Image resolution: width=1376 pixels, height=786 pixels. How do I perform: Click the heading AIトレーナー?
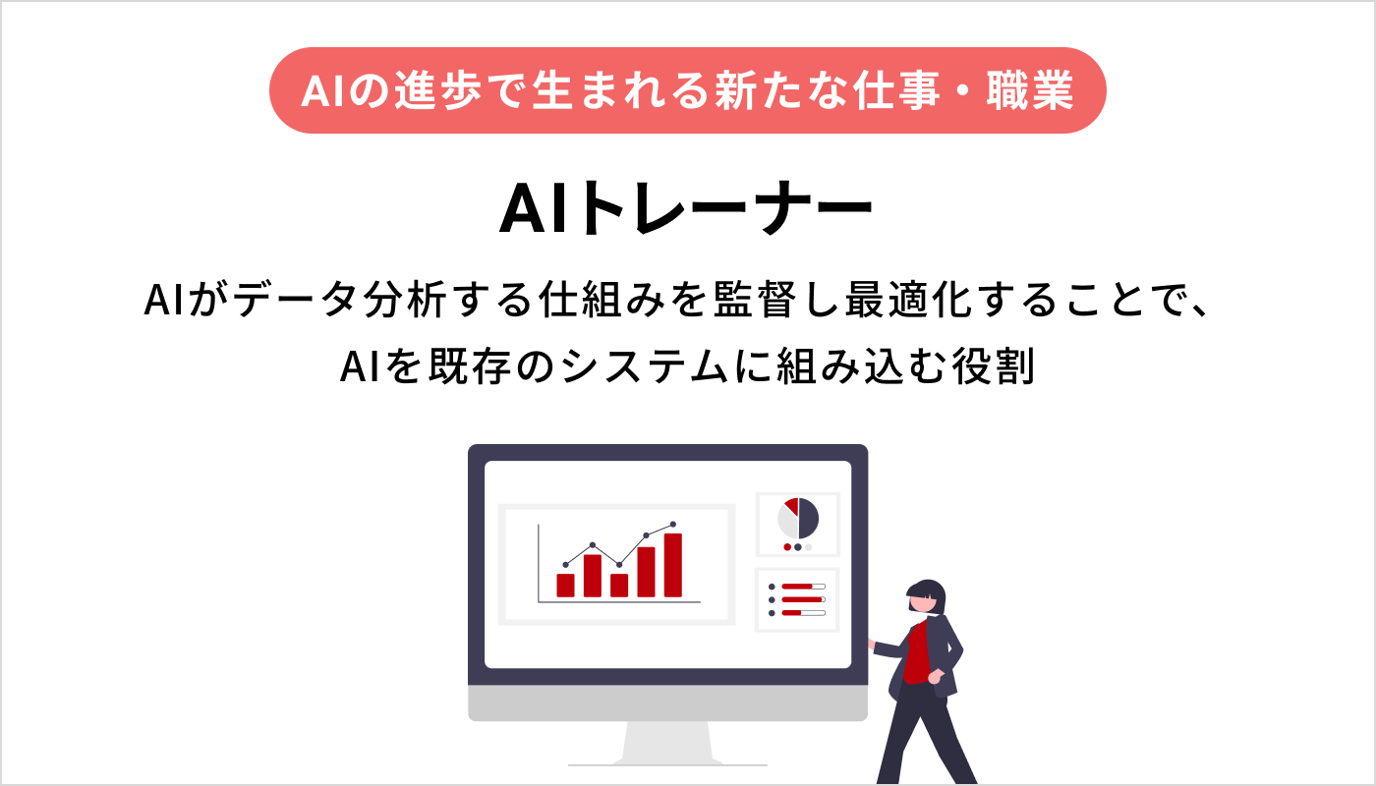click(686, 209)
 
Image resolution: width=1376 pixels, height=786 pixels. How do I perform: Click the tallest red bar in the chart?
click(673, 565)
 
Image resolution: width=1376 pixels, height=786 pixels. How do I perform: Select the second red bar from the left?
click(593, 575)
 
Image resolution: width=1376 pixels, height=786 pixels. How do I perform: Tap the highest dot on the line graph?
click(673, 525)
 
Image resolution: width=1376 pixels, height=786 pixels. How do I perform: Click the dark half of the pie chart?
click(809, 518)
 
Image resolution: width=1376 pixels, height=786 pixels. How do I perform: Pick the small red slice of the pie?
click(791, 505)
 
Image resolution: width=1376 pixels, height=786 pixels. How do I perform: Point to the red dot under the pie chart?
click(787, 547)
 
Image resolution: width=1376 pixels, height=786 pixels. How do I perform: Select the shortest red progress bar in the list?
click(791, 613)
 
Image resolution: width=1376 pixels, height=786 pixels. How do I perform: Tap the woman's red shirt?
click(916, 653)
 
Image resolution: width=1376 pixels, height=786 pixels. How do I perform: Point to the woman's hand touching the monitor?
click(871, 644)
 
